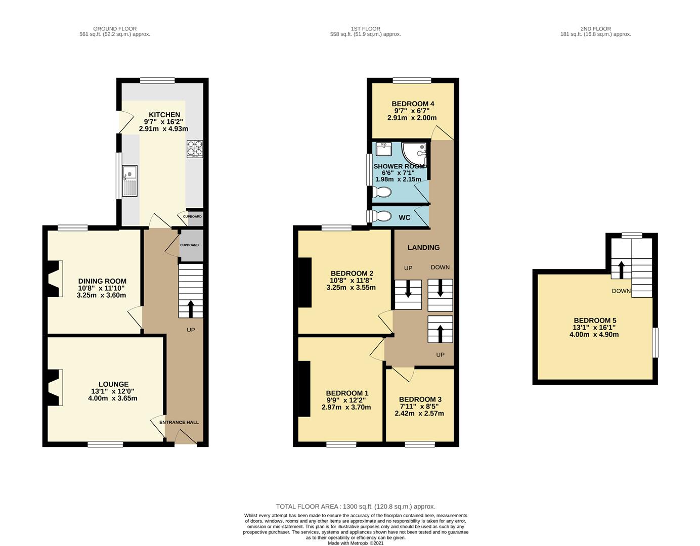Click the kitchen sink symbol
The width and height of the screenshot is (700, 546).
coord(129,181)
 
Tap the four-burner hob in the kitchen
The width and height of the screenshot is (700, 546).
coord(195,149)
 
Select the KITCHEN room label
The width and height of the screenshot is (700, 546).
coord(164,115)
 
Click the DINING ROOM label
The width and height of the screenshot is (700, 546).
coord(102,281)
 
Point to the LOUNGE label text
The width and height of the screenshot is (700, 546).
coord(113,384)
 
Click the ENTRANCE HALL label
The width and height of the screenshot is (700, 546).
coord(179,422)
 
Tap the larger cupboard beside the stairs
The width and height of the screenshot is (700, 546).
coord(190,245)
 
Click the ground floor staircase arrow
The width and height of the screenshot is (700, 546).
coord(191,306)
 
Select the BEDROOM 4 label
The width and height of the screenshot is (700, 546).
coord(413,104)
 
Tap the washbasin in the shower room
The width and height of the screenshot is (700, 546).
coord(383,150)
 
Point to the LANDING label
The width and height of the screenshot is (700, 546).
coord(423,247)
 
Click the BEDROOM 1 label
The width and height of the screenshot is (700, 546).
coord(347,393)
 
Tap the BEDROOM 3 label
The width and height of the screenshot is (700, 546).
coord(420,399)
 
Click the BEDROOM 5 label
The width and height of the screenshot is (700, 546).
coord(595,321)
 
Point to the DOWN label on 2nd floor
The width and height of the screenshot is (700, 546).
coord(621,291)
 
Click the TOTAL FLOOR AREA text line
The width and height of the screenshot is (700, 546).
coord(355,506)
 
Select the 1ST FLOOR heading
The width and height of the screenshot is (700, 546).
coord(365,29)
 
